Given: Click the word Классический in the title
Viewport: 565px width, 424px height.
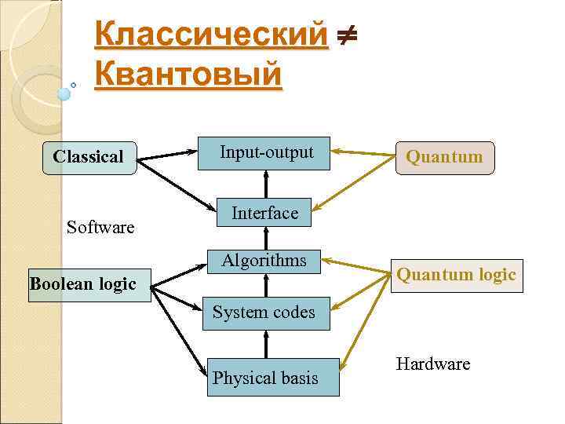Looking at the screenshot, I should click(x=210, y=35).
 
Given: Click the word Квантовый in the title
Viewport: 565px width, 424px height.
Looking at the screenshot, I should click(x=188, y=75).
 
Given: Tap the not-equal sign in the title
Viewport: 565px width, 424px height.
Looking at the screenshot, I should click(x=346, y=35).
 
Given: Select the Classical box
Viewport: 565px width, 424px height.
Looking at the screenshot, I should click(x=89, y=157).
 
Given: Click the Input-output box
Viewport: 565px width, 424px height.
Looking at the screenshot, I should click(x=266, y=153).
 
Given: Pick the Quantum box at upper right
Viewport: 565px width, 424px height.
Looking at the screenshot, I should click(x=444, y=157).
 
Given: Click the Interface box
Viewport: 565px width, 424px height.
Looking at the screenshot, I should click(x=264, y=214).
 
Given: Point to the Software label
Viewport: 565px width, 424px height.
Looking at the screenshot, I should click(x=100, y=228).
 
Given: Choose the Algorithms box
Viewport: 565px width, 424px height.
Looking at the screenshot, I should click(x=264, y=261).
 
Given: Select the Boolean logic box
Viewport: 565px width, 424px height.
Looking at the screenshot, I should click(x=82, y=283).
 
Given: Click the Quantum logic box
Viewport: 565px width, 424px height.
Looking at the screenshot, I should click(x=456, y=275).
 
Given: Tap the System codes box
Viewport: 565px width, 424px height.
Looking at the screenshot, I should click(x=264, y=313).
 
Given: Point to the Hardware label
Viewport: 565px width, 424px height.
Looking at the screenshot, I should click(x=433, y=364).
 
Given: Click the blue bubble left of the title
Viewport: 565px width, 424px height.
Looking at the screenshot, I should click(x=64, y=93).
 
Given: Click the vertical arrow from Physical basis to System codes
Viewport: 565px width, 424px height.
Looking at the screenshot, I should click(x=267, y=343).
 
